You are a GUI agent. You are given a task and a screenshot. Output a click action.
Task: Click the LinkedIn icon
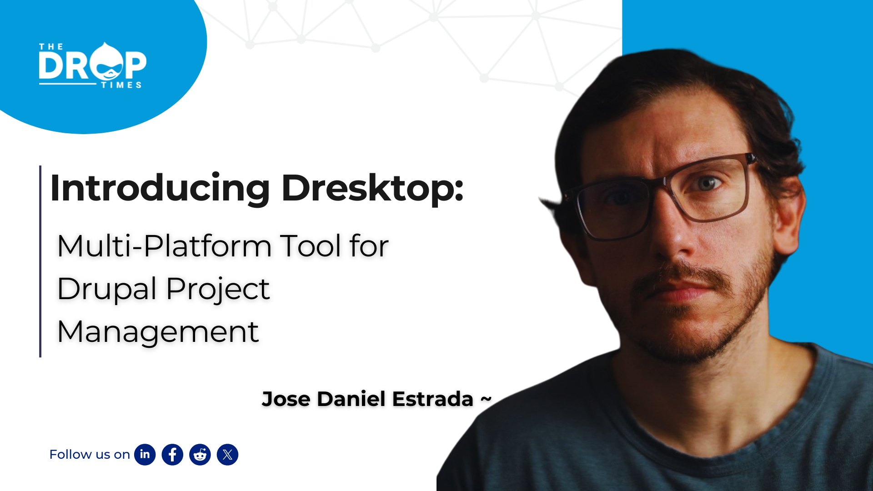click(145, 455)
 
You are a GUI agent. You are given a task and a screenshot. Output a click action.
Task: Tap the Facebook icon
click(172, 455)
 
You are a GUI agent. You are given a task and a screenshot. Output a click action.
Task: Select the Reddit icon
click(200, 455)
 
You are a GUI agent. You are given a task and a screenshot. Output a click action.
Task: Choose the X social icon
click(227, 455)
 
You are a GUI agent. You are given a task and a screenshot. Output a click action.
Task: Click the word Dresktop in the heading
click(372, 188)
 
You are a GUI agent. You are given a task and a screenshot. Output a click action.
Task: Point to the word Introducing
click(160, 188)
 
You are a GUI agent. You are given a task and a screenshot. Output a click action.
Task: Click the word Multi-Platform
click(164, 246)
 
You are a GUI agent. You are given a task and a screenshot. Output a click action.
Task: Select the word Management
click(158, 332)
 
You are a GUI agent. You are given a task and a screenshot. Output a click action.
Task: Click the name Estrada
click(432, 399)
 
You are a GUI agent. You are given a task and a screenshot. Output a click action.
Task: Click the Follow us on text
click(90, 455)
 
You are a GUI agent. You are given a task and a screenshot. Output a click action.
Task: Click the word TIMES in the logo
click(121, 85)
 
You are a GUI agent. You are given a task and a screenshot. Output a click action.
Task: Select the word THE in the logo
click(51, 46)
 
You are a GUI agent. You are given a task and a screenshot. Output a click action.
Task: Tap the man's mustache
click(682, 275)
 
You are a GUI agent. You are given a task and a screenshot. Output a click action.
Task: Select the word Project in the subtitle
click(218, 290)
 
